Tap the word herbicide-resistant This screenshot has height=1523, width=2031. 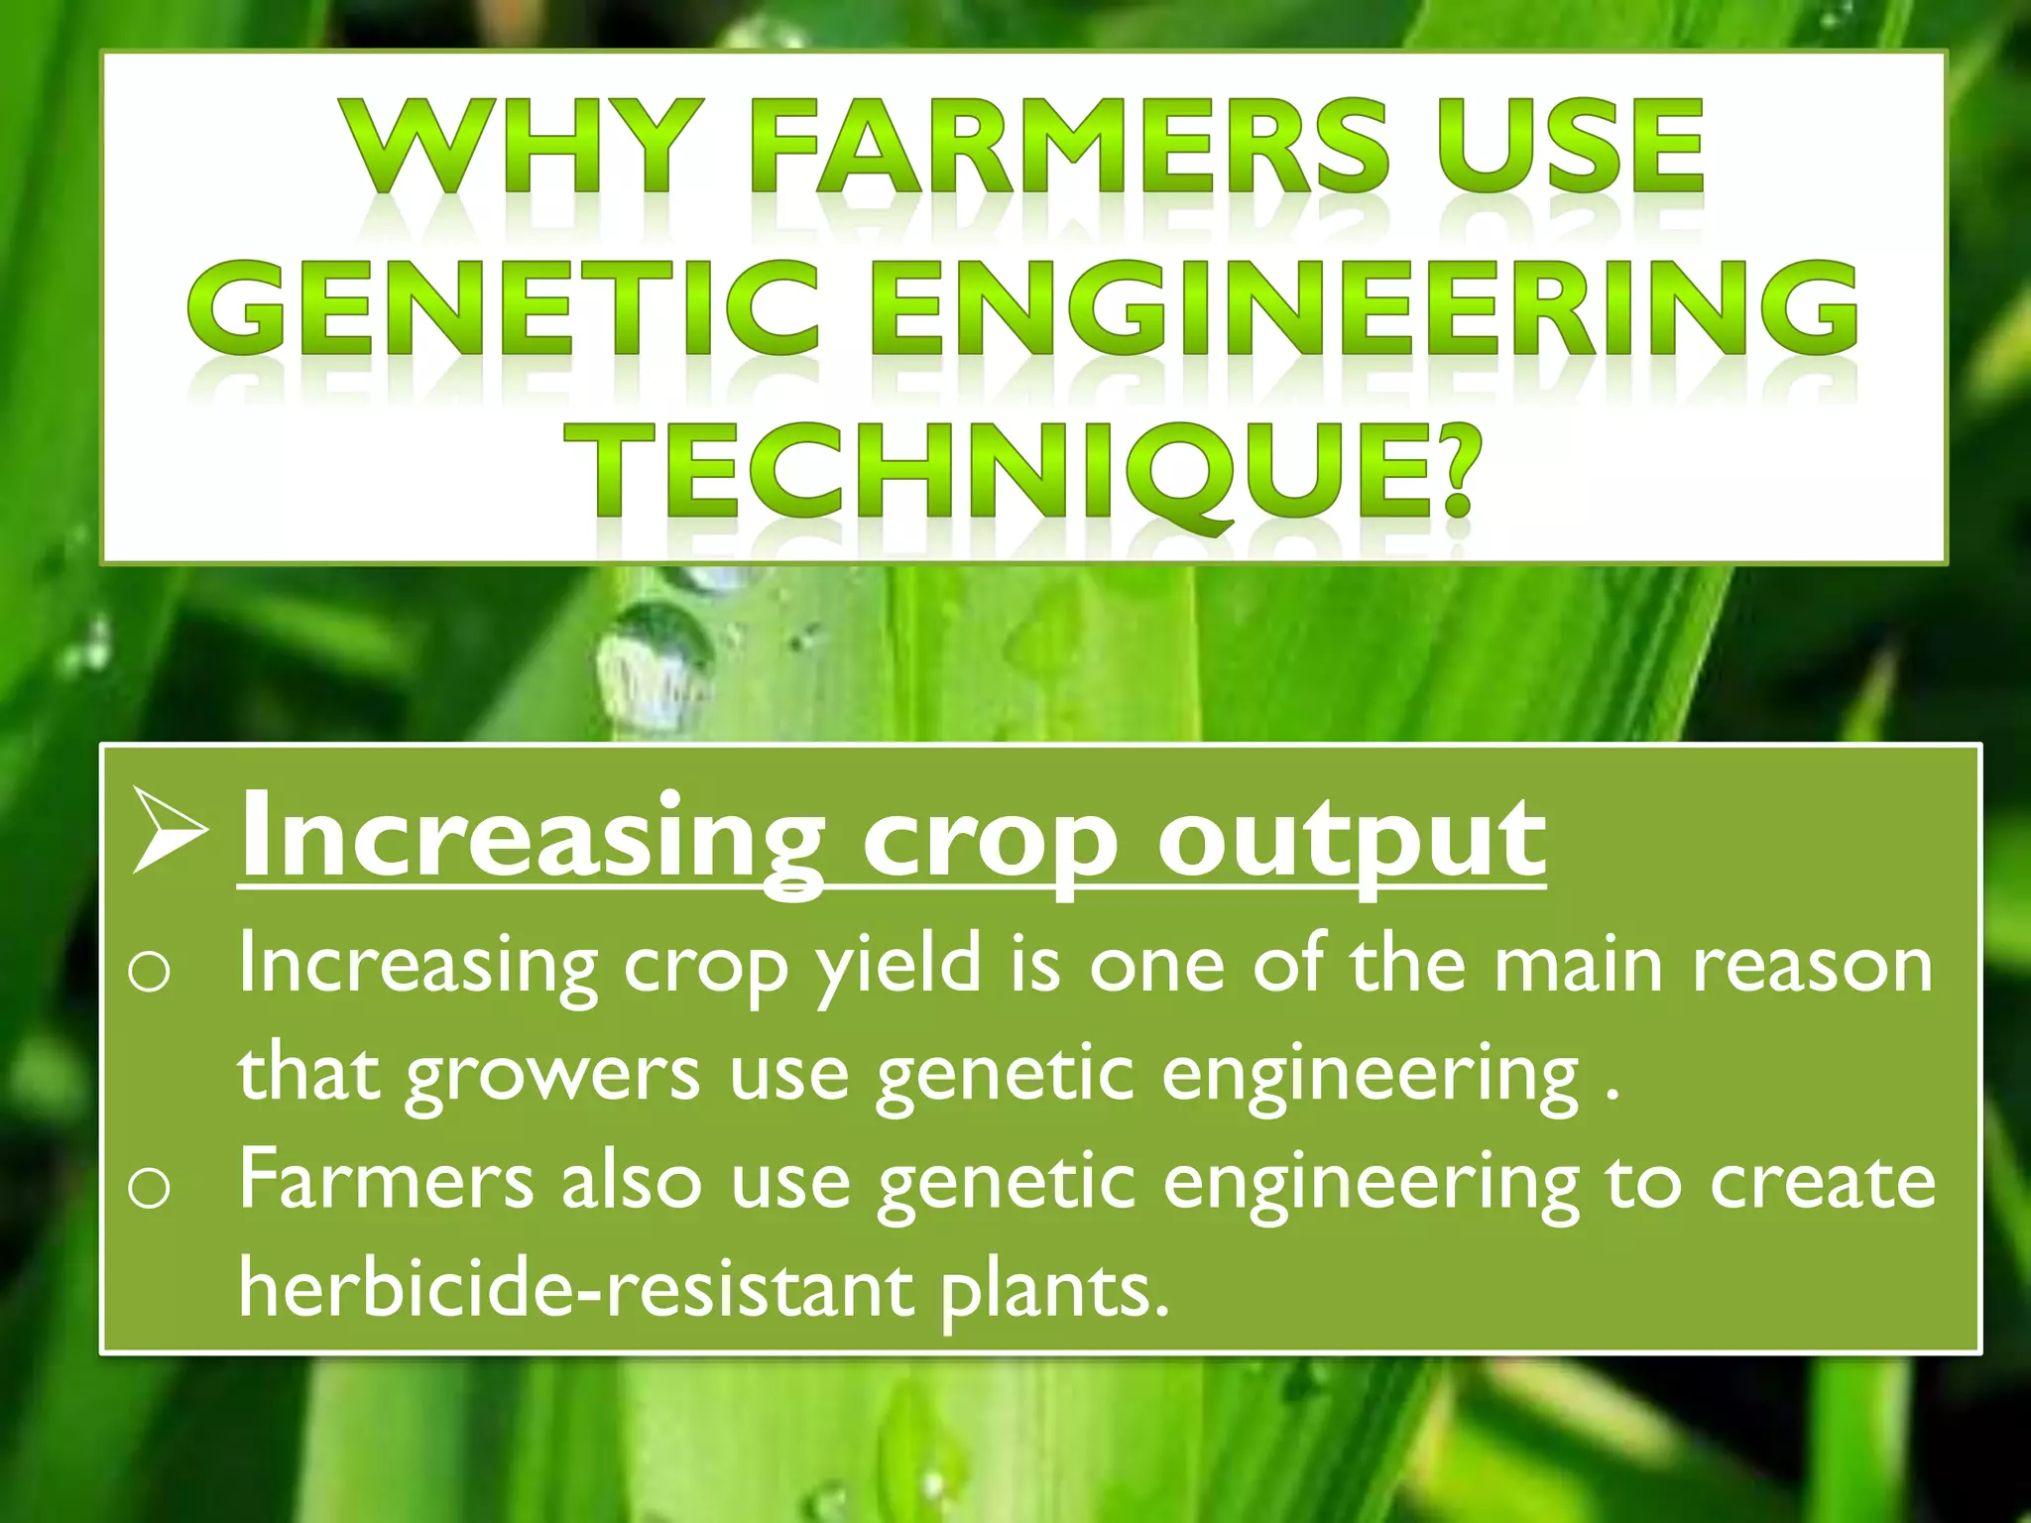[x=576, y=1289]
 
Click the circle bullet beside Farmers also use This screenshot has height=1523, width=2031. [x=149, y=1188]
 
